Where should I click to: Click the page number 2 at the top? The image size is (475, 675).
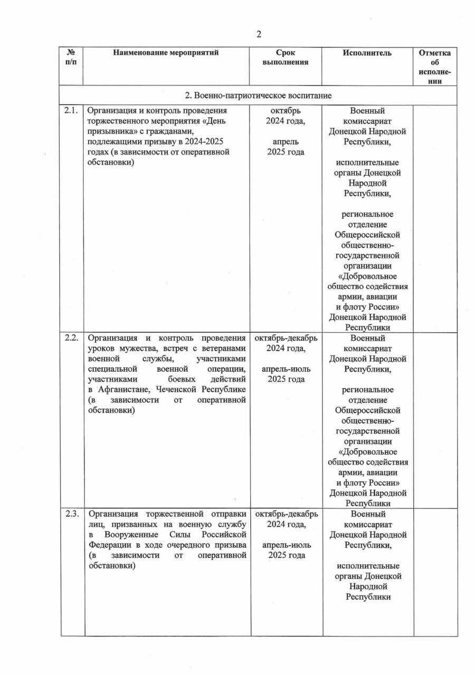(x=259, y=35)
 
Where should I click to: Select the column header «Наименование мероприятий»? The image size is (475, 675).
(x=165, y=53)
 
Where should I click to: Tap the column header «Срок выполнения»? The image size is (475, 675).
(x=286, y=57)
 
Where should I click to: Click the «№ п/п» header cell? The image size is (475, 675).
(x=71, y=57)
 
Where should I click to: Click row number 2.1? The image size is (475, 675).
(x=71, y=111)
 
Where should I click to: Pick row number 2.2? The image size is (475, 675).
(x=71, y=338)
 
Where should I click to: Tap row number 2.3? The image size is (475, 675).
(x=71, y=514)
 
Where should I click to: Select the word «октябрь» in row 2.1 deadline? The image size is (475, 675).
(x=286, y=111)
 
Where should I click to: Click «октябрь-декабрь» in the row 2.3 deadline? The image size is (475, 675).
(x=286, y=514)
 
